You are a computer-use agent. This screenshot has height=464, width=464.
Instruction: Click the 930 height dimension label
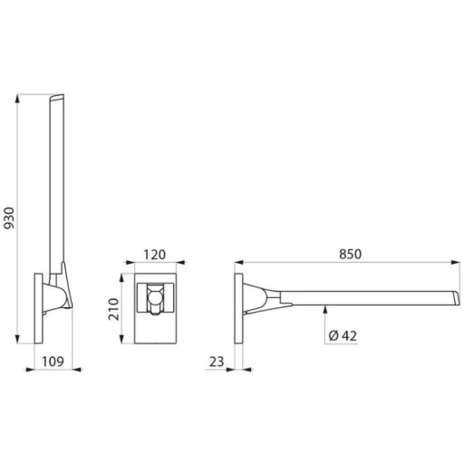[x=9, y=217]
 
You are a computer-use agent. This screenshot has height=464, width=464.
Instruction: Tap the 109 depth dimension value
[x=53, y=362]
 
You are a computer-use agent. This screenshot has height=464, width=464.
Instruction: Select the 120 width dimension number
[x=154, y=255]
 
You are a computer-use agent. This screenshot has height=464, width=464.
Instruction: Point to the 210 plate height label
[x=114, y=309]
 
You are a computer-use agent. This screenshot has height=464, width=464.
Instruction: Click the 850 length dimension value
[x=350, y=254]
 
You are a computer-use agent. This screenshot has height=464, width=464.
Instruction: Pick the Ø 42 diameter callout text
[x=343, y=335]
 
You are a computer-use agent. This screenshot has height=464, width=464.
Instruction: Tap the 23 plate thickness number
[x=217, y=362]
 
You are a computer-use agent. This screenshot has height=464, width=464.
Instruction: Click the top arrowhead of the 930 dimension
[x=17, y=99]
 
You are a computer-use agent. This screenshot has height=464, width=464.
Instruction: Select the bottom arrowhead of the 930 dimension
[x=17, y=339]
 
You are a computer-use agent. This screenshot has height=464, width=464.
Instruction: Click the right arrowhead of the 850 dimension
[x=456, y=262]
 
